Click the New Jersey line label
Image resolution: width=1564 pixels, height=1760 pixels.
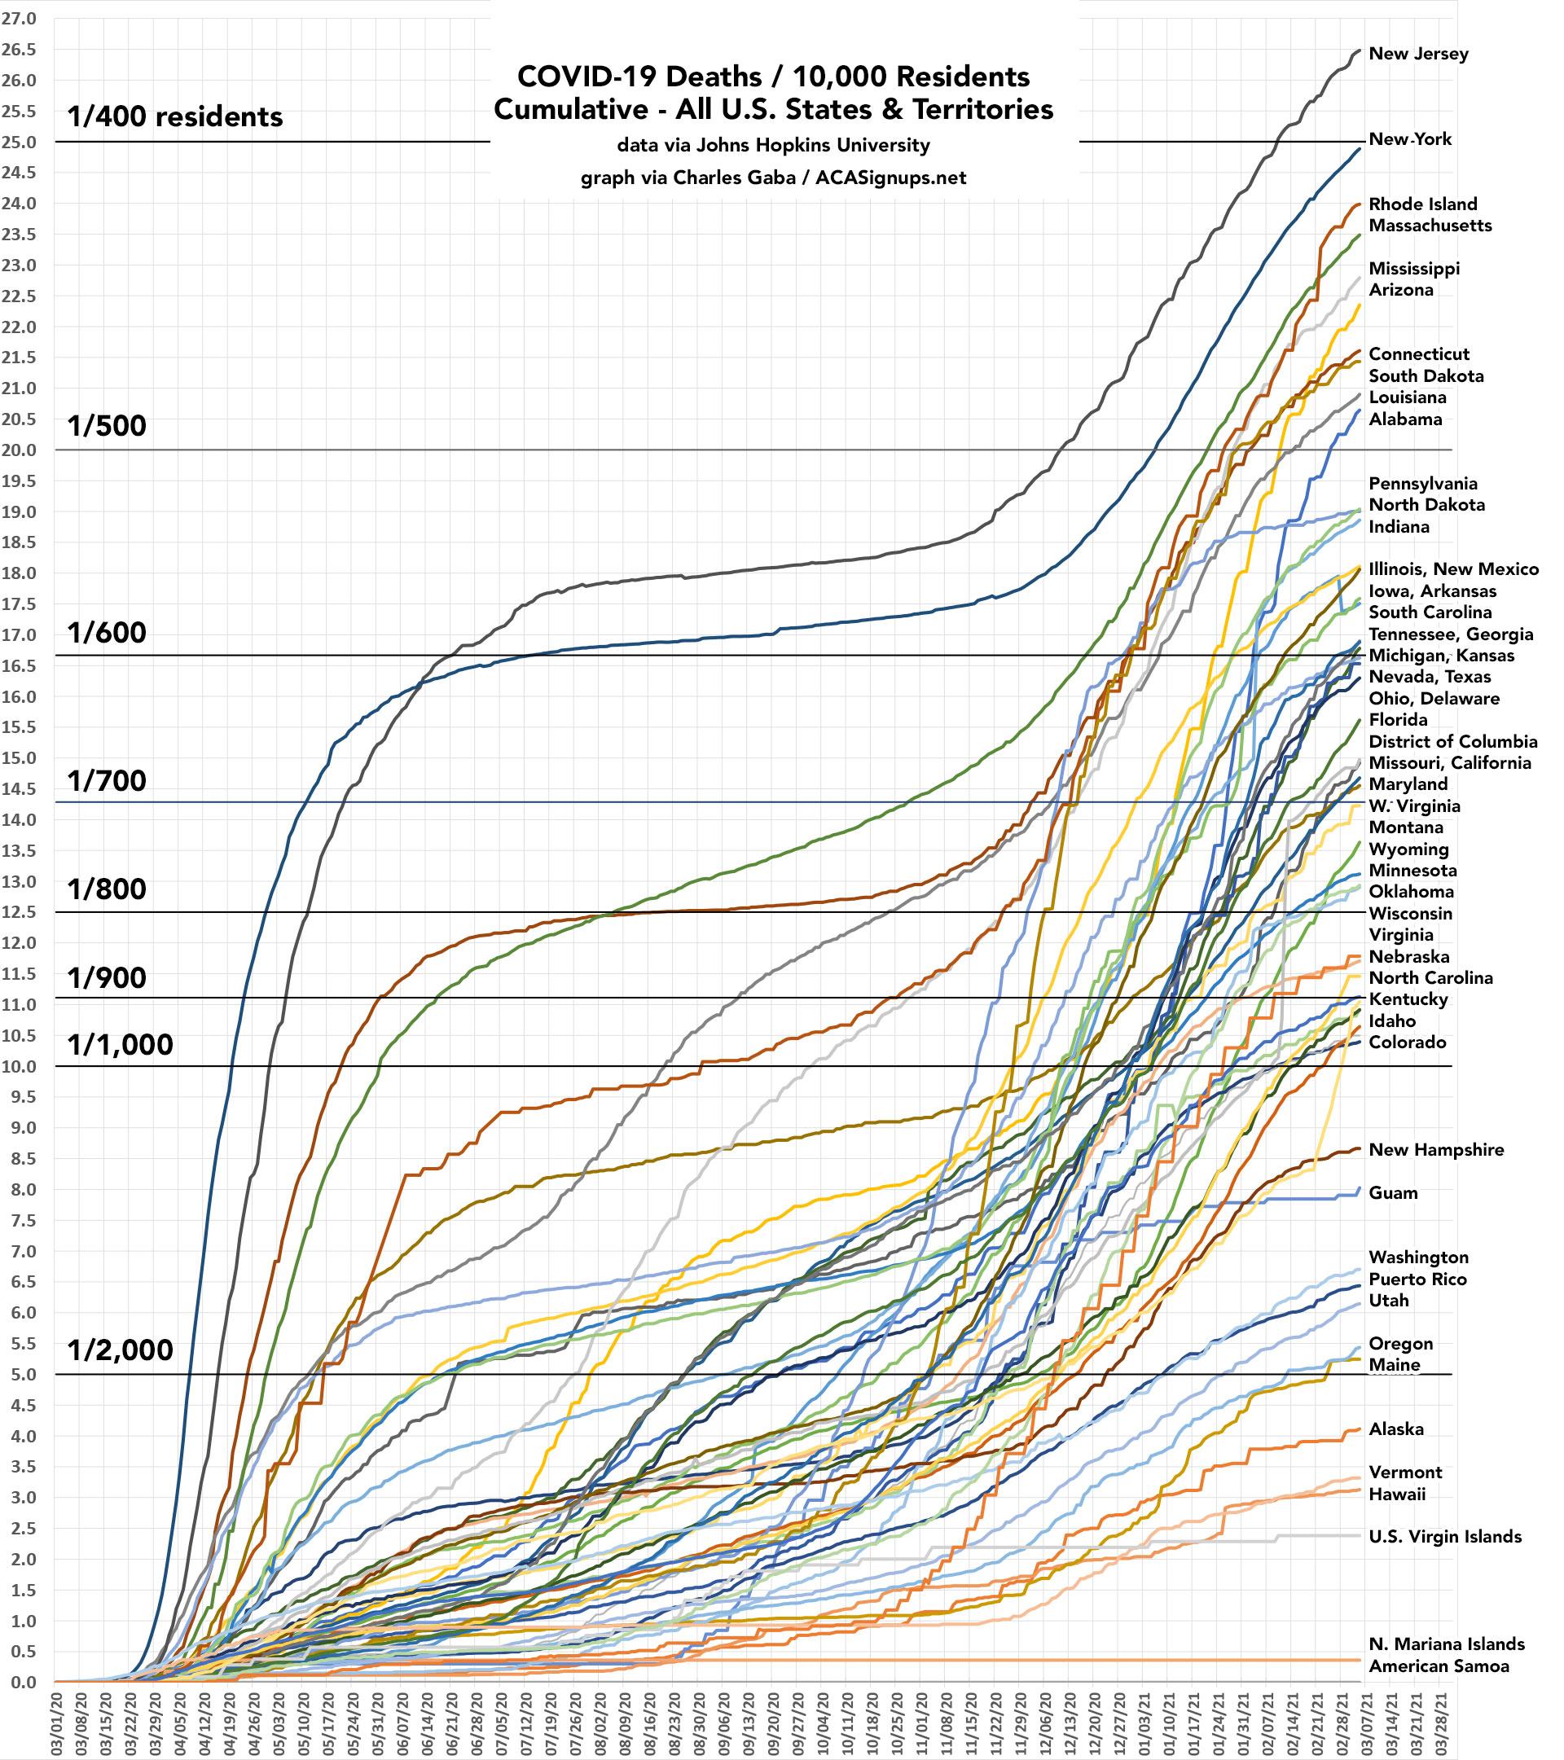(x=1417, y=55)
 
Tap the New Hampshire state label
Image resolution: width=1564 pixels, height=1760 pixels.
(x=1435, y=1150)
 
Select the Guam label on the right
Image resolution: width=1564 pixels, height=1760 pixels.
(x=1393, y=1193)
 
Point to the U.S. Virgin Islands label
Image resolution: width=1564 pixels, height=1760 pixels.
(x=1444, y=1537)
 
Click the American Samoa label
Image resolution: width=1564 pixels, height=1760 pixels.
(x=1439, y=1666)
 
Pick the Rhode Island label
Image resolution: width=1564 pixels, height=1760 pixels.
(x=1422, y=204)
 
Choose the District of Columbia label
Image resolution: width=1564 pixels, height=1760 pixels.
(x=1452, y=741)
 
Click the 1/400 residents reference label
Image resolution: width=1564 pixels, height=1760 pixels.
(x=175, y=116)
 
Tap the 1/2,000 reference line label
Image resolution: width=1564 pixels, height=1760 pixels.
(x=120, y=1350)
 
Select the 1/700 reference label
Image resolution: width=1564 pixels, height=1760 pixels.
(x=107, y=781)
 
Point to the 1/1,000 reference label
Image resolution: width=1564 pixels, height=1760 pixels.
(x=120, y=1044)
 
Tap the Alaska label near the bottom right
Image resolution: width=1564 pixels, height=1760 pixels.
(x=1395, y=1429)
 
